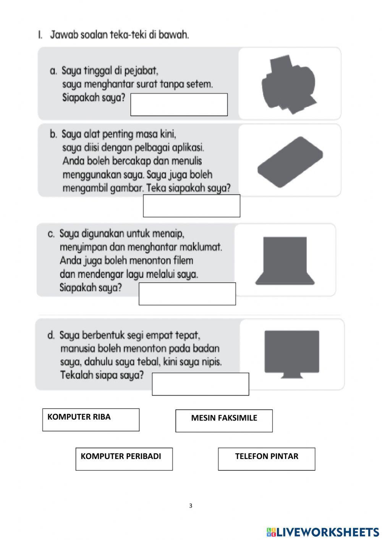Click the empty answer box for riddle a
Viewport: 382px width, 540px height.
point(179,104)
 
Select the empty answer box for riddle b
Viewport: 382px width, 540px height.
point(191,206)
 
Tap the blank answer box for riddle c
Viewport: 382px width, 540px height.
point(187,294)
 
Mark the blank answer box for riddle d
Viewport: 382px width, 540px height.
point(200,384)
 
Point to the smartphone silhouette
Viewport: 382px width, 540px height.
point(290,162)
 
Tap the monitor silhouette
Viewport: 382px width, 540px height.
point(291,352)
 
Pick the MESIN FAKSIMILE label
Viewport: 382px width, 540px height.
point(224,418)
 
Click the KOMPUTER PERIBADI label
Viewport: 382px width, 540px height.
point(121,456)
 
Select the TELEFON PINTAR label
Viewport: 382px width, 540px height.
point(267,456)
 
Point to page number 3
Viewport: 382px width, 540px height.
point(191,506)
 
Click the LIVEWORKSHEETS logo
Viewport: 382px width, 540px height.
point(323,532)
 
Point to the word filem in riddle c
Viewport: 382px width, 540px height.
point(183,261)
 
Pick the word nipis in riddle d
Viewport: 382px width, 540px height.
point(211,362)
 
